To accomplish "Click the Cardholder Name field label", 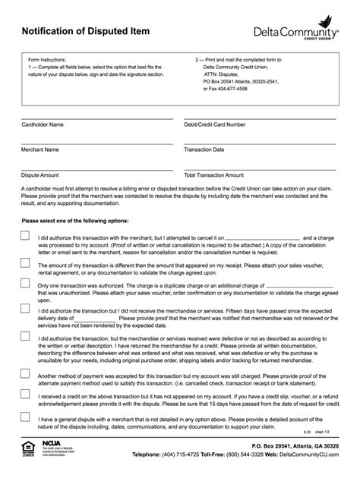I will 43,124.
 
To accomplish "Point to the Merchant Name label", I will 40,149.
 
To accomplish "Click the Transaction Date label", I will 204,149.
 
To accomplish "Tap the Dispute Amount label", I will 40,175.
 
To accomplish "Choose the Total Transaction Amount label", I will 213,175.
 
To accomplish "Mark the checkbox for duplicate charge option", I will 26,284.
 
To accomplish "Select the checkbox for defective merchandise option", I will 26,335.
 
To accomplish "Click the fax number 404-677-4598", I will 226,88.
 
